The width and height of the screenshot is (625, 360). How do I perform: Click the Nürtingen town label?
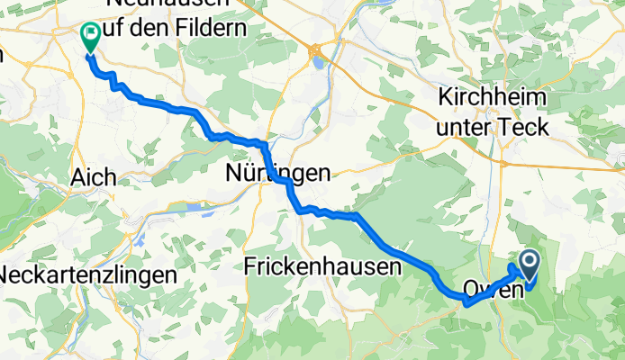click(x=277, y=174)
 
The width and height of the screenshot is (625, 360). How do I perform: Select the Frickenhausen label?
click(x=322, y=266)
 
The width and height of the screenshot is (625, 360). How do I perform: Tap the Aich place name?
click(x=93, y=178)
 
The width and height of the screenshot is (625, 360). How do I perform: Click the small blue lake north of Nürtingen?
click(x=317, y=61)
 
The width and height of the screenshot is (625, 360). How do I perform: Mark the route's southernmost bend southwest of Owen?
click(x=466, y=304)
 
